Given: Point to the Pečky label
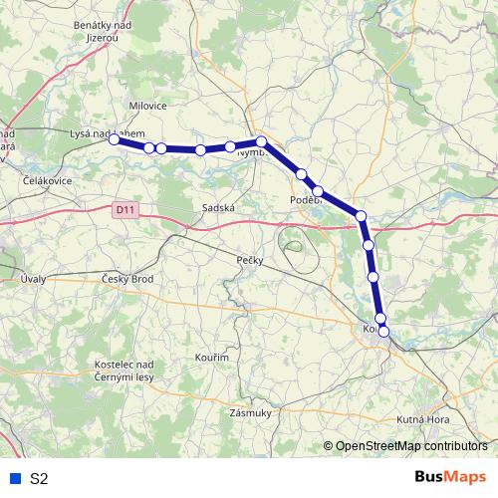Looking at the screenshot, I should click(x=250, y=260).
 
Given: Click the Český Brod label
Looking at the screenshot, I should click(x=127, y=279).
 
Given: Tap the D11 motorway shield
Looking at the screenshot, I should click(x=124, y=210).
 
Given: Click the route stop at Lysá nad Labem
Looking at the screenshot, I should click(x=115, y=140).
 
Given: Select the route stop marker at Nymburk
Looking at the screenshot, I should click(x=261, y=142).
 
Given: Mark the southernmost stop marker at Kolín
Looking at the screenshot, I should click(x=383, y=332).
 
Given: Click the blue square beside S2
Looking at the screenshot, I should click(x=14, y=478).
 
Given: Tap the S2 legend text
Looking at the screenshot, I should click(x=39, y=478).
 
